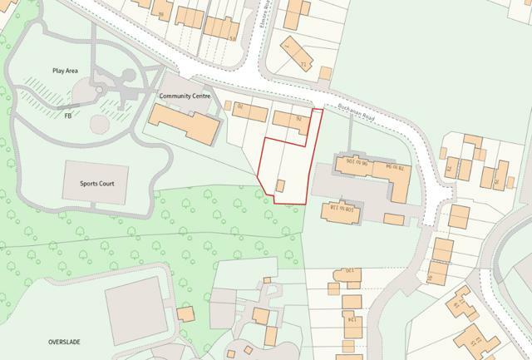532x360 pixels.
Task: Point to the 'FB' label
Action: click(67, 116)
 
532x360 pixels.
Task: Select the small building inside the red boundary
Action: click(280, 186)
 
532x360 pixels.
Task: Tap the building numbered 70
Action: click(242, 108)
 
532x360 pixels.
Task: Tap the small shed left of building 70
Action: click(227, 105)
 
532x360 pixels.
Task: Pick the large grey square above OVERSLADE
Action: click(136, 309)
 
